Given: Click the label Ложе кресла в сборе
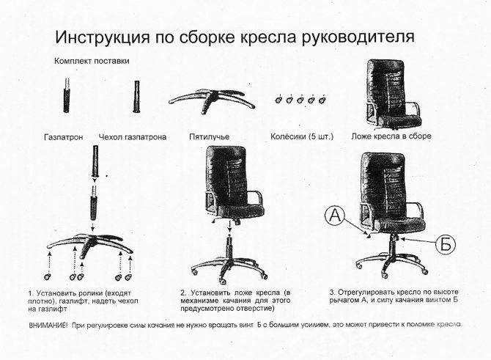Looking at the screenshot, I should pos(391,136).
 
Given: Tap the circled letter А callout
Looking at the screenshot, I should pos(336,216).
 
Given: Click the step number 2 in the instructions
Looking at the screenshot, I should pos(182,293).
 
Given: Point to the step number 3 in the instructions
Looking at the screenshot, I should pos(331,293).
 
